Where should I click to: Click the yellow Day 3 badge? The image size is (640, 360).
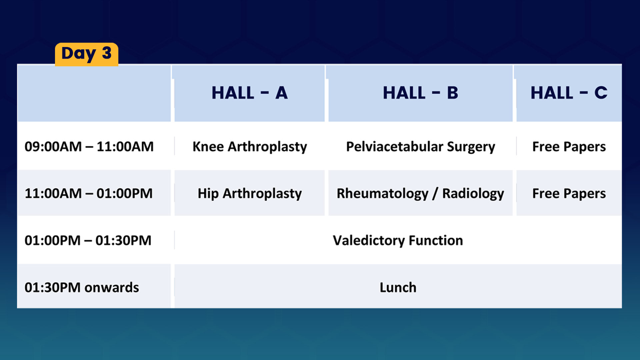click(x=87, y=54)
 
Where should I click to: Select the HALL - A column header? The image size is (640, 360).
click(x=250, y=93)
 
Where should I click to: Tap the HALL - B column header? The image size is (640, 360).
click(x=421, y=93)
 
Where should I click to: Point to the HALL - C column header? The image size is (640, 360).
click(x=569, y=93)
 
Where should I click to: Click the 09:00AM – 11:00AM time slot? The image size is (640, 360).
click(x=89, y=147)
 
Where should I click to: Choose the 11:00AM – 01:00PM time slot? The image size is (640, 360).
click(x=89, y=193)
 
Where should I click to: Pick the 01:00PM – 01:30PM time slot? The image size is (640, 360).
click(x=88, y=240)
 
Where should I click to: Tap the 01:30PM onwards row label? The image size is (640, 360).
click(x=82, y=287)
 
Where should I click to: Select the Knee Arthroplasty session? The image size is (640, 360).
click(x=250, y=147)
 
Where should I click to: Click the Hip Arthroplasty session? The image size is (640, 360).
click(x=250, y=194)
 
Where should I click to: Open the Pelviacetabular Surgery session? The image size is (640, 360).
click(x=421, y=147)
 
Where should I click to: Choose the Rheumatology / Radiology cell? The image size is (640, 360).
click(x=420, y=194)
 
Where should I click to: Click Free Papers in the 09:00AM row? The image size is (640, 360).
click(x=569, y=147)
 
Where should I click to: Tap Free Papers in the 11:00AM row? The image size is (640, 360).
click(x=569, y=194)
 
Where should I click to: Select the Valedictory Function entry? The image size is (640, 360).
click(x=398, y=241)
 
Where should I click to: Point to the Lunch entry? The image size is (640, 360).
click(x=398, y=287)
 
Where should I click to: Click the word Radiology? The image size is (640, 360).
click(x=473, y=194)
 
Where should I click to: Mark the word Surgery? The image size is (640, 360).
click(x=471, y=147)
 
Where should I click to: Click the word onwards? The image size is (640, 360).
click(x=112, y=288)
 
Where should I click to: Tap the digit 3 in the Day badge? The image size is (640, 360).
click(x=107, y=53)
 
